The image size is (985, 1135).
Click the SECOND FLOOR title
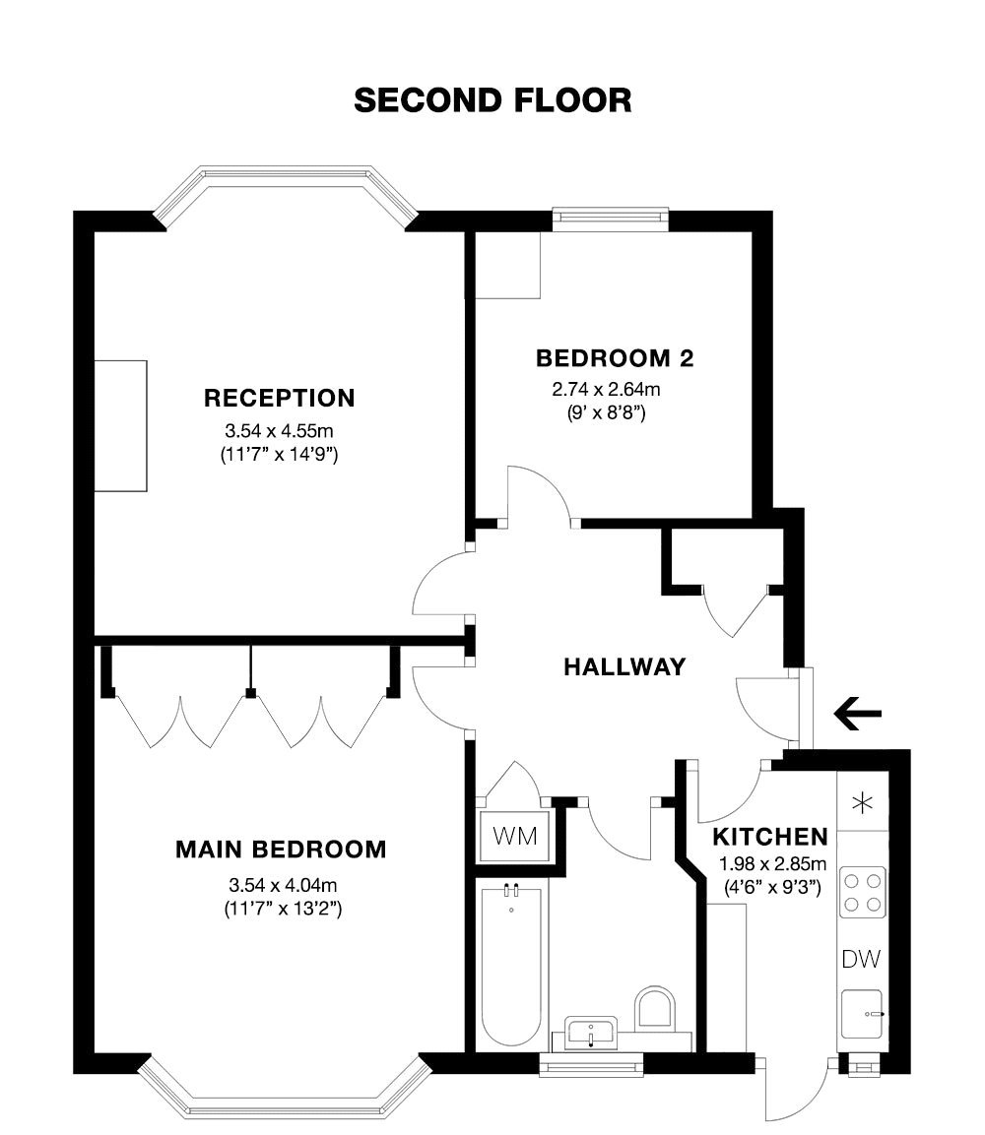tap(492, 99)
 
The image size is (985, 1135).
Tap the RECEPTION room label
tap(279, 398)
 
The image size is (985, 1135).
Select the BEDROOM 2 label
tap(614, 357)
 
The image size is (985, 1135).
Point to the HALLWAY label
tap(624, 666)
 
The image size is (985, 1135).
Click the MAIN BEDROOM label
tap(281, 849)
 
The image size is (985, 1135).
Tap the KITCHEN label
tap(769, 838)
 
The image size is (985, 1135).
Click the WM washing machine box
tap(514, 837)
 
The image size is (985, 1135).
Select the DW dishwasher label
tap(860, 959)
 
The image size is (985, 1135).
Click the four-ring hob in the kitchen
tap(862, 892)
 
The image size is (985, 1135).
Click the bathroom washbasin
tap(590, 1033)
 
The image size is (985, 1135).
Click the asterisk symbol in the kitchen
tap(862, 803)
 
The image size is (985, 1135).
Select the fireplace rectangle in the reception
tap(121, 425)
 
